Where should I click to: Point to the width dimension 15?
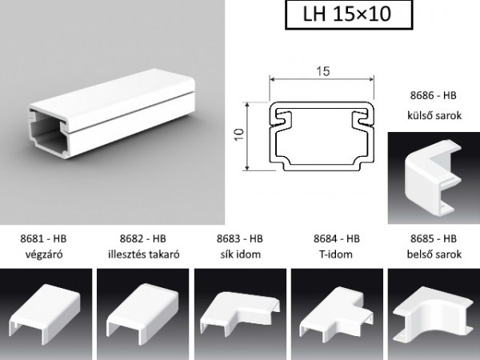tap(323, 72)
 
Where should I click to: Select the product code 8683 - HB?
tap(241, 238)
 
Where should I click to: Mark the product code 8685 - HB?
tap(433, 238)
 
